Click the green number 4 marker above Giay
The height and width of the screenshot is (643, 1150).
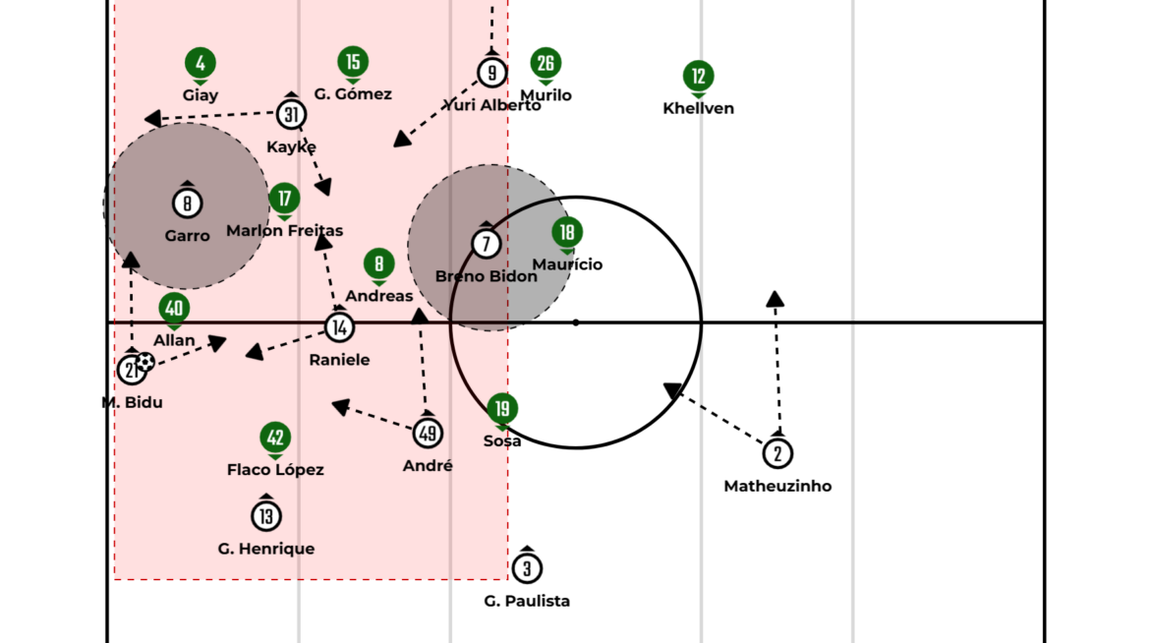click(x=201, y=64)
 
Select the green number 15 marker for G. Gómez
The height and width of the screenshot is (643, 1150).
click(x=353, y=62)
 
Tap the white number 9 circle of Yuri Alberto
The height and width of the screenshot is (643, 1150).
click(x=491, y=72)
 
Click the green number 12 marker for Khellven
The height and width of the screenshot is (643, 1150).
click(x=699, y=76)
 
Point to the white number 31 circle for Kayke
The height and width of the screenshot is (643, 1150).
click(x=291, y=114)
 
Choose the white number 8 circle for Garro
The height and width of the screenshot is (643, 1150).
click(x=187, y=204)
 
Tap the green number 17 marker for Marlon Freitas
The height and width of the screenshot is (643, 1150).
click(x=284, y=199)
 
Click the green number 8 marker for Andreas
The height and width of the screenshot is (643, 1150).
click(x=379, y=263)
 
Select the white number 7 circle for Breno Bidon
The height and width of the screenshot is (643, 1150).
click(x=486, y=243)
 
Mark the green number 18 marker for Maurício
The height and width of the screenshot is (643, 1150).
click(x=567, y=232)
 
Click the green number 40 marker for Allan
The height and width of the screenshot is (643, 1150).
click(x=174, y=309)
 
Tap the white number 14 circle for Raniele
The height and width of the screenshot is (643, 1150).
click(x=339, y=327)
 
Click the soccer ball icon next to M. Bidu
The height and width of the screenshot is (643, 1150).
click(x=145, y=362)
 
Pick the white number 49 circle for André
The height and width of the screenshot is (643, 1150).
click(x=428, y=433)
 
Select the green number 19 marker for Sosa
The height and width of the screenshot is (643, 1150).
click(x=502, y=408)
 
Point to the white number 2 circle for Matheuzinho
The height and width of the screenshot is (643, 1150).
click(x=777, y=453)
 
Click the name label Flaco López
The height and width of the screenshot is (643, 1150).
click(x=275, y=470)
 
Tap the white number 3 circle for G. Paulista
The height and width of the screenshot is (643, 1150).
click(x=527, y=568)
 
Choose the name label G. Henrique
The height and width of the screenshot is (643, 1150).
click(x=266, y=549)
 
